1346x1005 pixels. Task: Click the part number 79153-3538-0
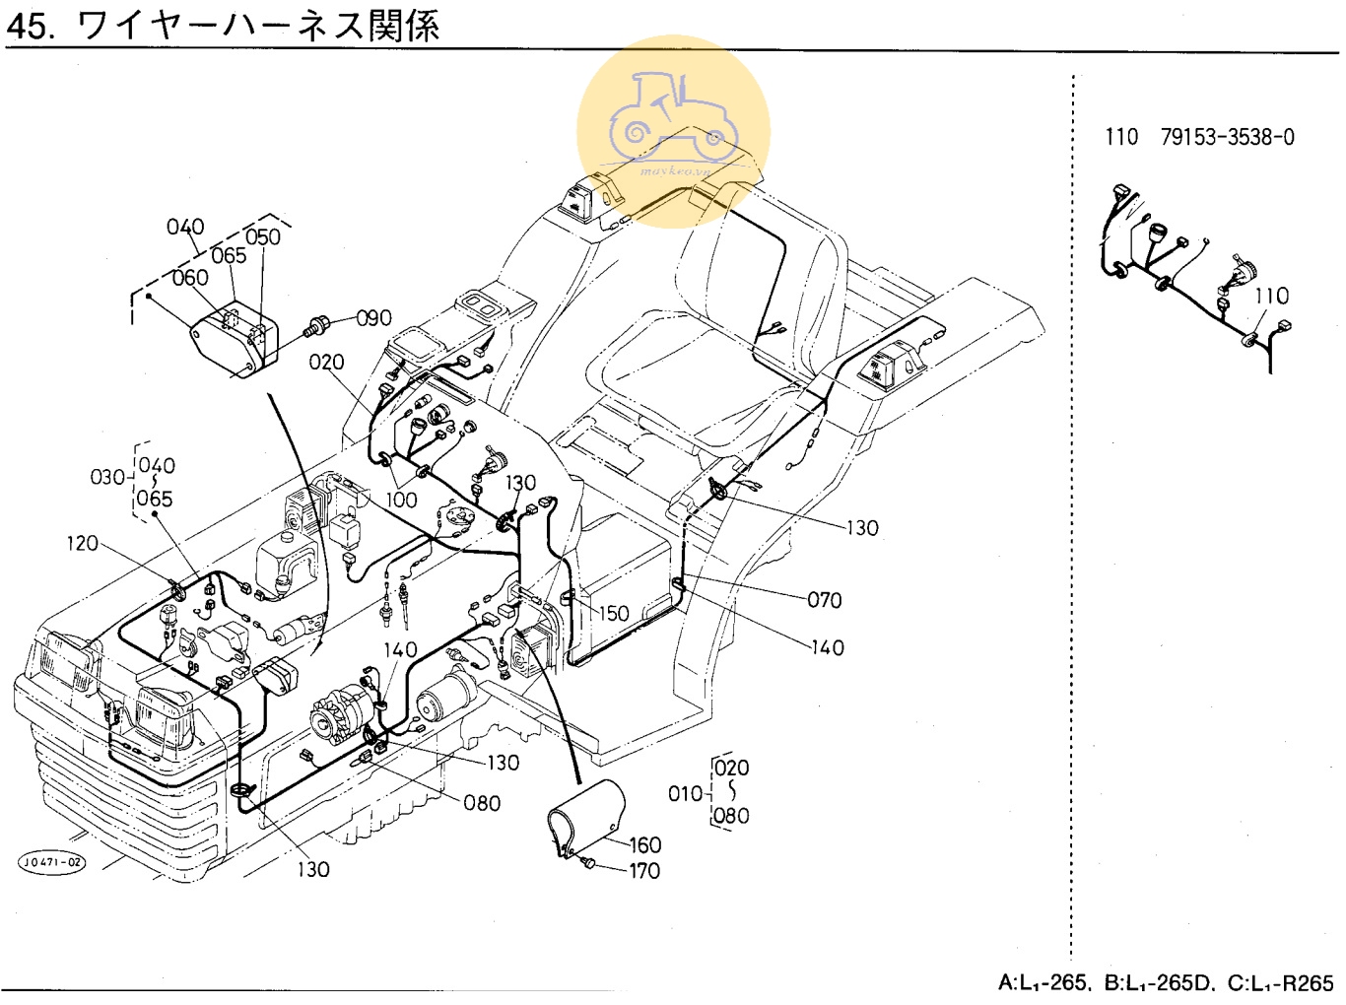[x=1228, y=137]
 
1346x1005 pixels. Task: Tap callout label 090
[x=373, y=318]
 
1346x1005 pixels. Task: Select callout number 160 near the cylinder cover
[x=645, y=844]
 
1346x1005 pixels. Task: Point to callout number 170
[x=644, y=871]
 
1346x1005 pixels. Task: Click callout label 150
[x=613, y=613]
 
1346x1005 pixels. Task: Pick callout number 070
[x=824, y=599]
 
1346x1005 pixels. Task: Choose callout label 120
[x=82, y=543]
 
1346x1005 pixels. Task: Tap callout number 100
[x=401, y=500]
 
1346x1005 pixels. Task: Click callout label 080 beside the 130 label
[x=482, y=803]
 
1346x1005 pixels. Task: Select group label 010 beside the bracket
[x=685, y=793]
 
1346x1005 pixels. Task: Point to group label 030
[x=107, y=477]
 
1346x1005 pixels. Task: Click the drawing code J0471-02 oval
[x=52, y=863]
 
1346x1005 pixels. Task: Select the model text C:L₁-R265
[x=1280, y=982]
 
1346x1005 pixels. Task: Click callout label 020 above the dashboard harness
[x=326, y=362]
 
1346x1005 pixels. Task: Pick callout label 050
[x=262, y=236]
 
